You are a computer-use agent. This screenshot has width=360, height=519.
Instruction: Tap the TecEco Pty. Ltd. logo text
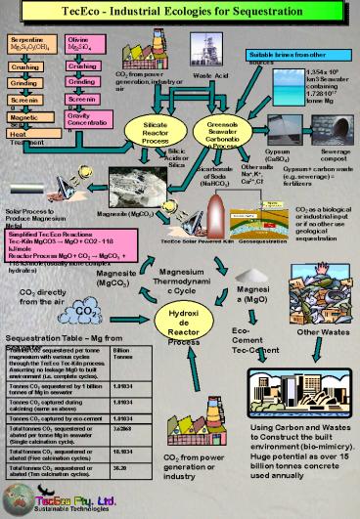click(67, 497)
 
